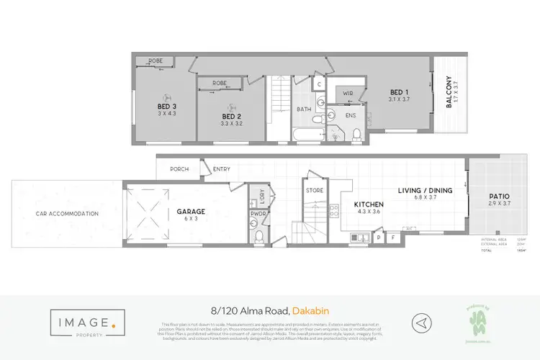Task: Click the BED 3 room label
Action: [167, 109]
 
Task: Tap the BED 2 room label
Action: [230, 117]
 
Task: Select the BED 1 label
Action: [397, 92]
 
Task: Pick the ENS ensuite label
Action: [351, 115]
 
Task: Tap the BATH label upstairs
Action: [303, 109]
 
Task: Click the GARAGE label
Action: [192, 212]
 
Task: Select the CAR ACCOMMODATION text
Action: [67, 214]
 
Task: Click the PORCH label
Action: [179, 170]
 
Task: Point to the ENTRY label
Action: [221, 170]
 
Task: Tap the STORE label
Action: [315, 191]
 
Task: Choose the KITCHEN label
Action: [368, 205]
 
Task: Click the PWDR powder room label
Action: [257, 214]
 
